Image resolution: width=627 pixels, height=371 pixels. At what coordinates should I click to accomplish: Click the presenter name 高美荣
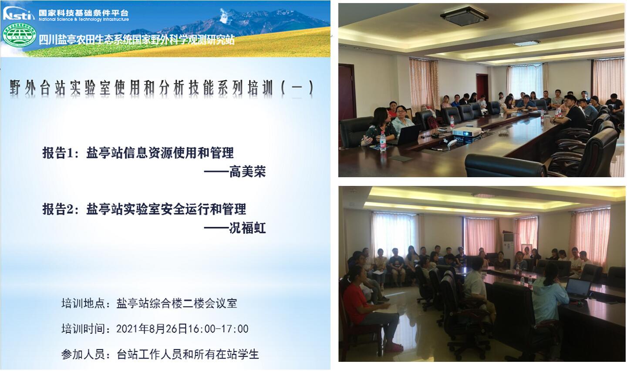pos(247,172)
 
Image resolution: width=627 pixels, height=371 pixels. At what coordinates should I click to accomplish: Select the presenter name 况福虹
pos(247,228)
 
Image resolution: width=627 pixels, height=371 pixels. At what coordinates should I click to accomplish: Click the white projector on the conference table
pos(467,132)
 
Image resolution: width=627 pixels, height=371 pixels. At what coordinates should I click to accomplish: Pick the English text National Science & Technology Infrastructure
pos(84,19)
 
